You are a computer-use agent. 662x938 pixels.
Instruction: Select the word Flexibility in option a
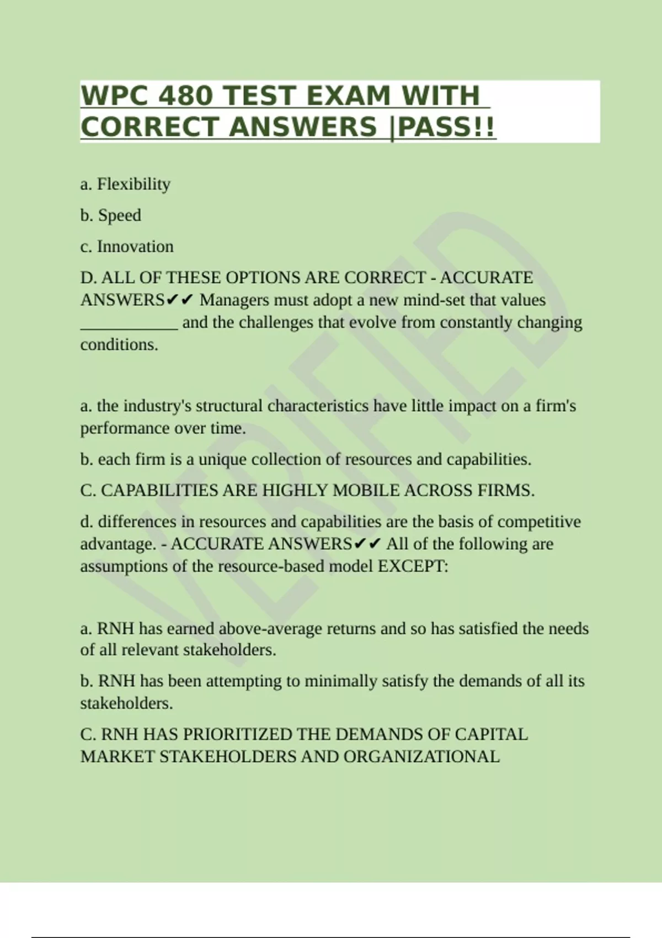pyautogui.click(x=134, y=184)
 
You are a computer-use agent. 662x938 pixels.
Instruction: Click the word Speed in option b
pyautogui.click(x=120, y=215)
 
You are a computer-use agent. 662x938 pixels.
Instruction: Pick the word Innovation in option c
pyautogui.click(x=135, y=247)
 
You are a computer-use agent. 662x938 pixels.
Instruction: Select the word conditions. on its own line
pyautogui.click(x=119, y=345)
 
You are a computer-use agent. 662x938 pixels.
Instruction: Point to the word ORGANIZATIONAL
pyautogui.click(x=421, y=756)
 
